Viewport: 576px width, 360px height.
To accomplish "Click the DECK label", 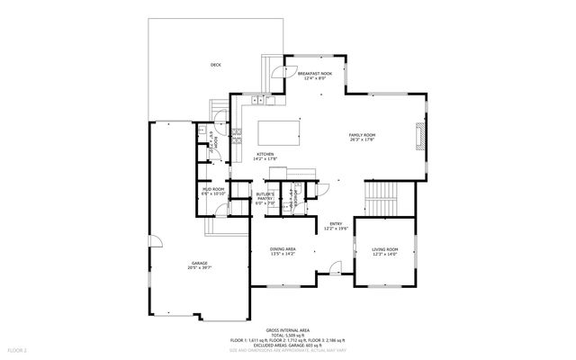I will coord(215,65).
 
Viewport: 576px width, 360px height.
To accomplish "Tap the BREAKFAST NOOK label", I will coord(314,74).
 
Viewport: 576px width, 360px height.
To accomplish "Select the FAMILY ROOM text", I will coord(362,135).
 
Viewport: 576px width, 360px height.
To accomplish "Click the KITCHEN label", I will coord(265,154).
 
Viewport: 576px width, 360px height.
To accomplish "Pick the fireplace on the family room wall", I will coord(418,136).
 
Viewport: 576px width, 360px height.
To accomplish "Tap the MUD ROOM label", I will coord(212,190).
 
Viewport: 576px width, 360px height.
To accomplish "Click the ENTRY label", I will coord(335,224).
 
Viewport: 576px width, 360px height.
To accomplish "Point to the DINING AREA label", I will coord(283,249).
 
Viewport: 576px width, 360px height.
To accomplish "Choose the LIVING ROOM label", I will coord(385,250).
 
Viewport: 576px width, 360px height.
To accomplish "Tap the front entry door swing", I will coord(335,267).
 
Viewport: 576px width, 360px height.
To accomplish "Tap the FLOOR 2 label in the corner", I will coord(17,348).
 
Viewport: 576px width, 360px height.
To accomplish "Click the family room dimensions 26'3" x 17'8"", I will coord(362,139).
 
